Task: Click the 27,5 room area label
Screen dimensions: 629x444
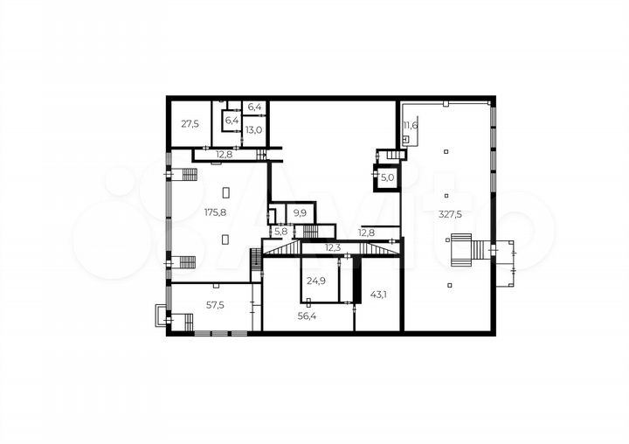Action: click(190, 123)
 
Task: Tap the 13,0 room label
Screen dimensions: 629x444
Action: click(254, 130)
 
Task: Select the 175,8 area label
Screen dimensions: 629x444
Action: click(216, 212)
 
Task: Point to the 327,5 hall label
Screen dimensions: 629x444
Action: click(450, 214)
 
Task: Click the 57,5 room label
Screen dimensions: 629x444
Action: click(215, 306)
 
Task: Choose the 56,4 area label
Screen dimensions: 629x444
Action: click(307, 316)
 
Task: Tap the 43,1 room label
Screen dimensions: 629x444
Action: click(378, 295)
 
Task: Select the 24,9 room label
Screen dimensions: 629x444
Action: click(316, 281)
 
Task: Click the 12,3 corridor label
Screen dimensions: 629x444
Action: click(333, 247)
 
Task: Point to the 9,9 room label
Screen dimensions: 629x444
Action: click(300, 212)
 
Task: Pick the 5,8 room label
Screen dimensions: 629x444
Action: click(280, 232)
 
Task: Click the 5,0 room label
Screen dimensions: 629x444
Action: click(388, 177)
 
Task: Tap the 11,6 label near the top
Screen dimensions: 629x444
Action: click(411, 125)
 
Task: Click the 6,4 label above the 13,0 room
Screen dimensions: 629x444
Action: click(255, 107)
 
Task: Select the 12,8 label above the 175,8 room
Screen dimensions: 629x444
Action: click(225, 154)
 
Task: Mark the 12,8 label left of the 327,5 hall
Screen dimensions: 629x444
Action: click(366, 232)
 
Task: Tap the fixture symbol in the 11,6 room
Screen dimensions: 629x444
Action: click(406, 140)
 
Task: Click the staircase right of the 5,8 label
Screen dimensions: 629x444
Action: click(310, 232)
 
